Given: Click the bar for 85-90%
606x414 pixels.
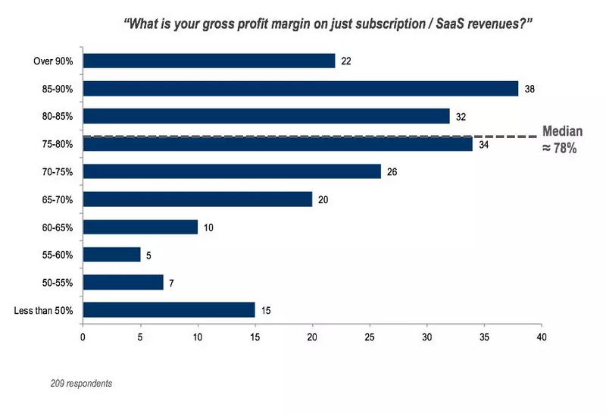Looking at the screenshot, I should coord(300,89).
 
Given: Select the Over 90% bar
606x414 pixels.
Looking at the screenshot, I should coord(208,61).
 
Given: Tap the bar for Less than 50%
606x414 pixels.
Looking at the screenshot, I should coord(168,309).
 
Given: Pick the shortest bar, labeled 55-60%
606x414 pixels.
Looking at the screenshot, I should coord(111,254).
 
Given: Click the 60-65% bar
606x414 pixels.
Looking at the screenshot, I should coord(140,227).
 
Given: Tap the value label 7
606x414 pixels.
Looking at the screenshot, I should coord(173,282).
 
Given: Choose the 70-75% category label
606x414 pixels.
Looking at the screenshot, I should coord(58,172).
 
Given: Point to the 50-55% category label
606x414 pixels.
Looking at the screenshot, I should coord(58,282).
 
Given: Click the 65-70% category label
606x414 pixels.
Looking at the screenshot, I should coord(58,199).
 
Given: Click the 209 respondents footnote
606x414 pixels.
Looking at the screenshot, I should coord(81,384).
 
